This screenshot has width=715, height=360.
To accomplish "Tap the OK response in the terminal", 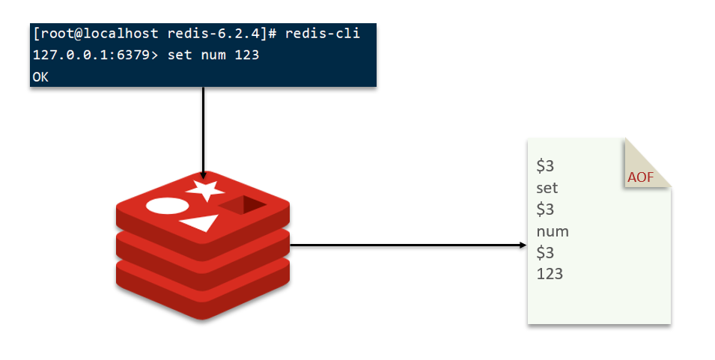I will coord(40,77).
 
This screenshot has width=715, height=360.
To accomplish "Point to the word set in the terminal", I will coord(179,56).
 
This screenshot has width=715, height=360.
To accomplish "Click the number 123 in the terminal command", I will coord(246,56).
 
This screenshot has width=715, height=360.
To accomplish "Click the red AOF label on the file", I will coord(640,177).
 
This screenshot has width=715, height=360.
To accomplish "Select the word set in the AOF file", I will coord(547,188).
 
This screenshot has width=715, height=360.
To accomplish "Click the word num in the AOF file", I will coord(553,231).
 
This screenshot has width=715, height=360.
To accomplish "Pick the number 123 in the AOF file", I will coord(550,274).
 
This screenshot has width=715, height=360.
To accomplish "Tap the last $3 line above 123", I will coord(545,252).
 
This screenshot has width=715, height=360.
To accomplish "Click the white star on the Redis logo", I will coord(205,190).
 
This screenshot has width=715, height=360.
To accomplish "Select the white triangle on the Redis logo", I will coord(201,222).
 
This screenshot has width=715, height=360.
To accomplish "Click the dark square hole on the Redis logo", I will coord(243,204).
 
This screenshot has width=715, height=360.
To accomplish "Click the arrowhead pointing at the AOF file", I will coord(522,245).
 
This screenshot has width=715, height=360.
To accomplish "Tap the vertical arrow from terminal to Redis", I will coord(203,127).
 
